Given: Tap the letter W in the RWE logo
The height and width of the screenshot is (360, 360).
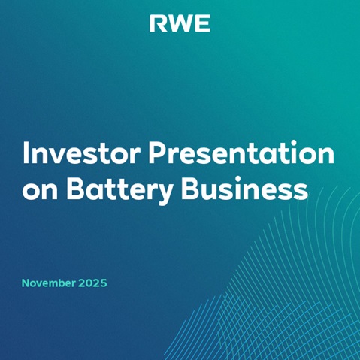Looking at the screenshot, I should coord(180,24).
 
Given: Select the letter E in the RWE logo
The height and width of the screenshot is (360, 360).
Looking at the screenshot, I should coord(202,24).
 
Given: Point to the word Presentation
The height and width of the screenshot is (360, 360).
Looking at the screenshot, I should coord(240,154).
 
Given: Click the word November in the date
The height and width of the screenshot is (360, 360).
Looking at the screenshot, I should coord(47,283).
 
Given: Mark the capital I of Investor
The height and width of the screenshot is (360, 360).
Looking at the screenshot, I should coord(26,154).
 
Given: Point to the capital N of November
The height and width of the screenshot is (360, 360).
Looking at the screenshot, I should coord(26,283).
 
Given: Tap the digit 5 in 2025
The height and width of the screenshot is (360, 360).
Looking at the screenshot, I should coord(103,283).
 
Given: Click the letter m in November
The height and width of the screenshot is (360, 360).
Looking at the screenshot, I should coord(50,284).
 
